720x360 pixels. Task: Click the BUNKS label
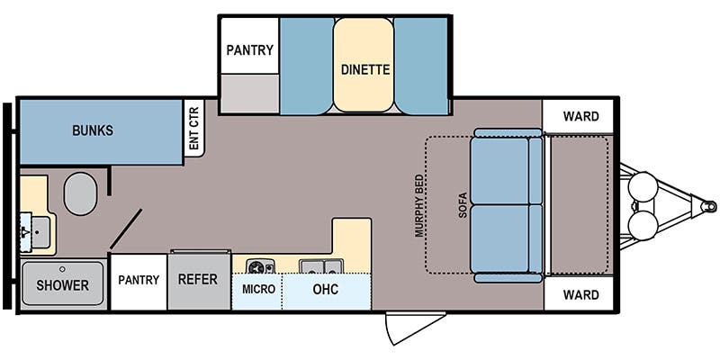pos(93,130)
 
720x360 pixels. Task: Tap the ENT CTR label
pos(193,128)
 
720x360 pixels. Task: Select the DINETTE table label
pos(365,70)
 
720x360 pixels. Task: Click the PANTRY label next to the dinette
pos(250,49)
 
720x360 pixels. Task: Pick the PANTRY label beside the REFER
pos(139,280)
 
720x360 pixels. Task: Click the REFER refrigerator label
pos(198,279)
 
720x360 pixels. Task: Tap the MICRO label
pos(258,289)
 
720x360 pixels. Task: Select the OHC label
pos(326,289)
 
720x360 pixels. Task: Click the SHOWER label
pos(62,285)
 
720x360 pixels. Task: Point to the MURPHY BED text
pos(418,206)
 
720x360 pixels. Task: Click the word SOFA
pos(463,204)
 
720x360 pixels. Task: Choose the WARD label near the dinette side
pos(580,117)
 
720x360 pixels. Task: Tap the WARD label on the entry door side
pos(580,294)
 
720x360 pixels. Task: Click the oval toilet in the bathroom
pos(80,193)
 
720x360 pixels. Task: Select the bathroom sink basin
pos(40,232)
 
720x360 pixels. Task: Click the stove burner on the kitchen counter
pos(260,266)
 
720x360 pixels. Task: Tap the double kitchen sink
pos(321,266)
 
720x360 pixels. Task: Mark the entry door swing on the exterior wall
pos(416,328)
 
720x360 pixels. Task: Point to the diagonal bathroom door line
pos(125,229)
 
